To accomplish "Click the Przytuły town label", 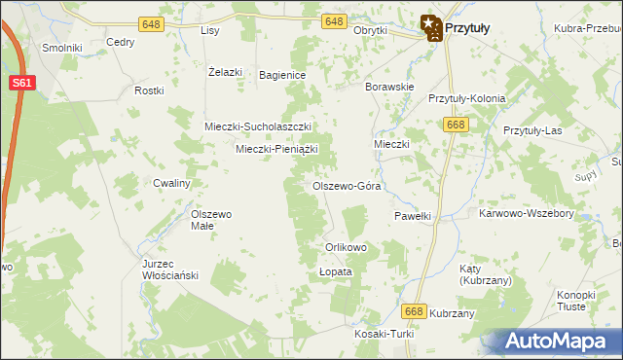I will tap(466, 29).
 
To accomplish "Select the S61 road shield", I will tap(24, 84).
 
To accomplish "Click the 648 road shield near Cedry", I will tap(151, 23).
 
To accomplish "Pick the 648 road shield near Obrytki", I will tap(333, 21).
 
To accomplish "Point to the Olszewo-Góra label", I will tap(346, 185).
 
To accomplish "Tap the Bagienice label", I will tap(282, 75).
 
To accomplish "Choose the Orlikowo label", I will tap(346, 247).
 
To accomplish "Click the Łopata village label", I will tap(335, 272).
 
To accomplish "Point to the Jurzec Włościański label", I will tap(169, 270).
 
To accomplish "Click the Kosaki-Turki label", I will tap(385, 334).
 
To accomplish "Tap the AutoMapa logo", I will tap(559, 341).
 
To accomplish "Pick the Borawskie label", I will tap(389, 87).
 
